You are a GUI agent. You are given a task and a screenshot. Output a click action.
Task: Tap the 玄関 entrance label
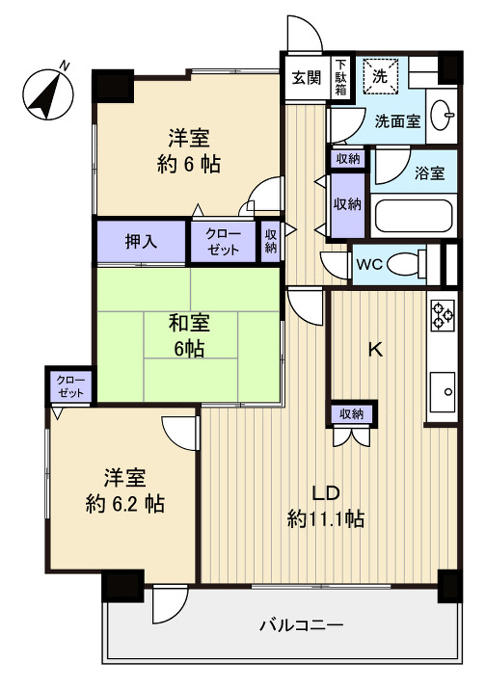(x=307, y=78)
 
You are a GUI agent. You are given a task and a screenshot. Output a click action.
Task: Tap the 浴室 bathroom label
(x=429, y=174)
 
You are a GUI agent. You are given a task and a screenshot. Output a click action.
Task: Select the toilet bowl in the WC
(x=415, y=263)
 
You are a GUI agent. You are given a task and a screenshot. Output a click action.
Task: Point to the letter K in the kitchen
(x=376, y=350)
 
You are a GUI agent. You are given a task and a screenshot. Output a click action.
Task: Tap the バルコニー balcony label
(x=301, y=625)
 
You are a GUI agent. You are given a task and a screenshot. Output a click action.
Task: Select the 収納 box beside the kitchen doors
(x=351, y=414)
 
